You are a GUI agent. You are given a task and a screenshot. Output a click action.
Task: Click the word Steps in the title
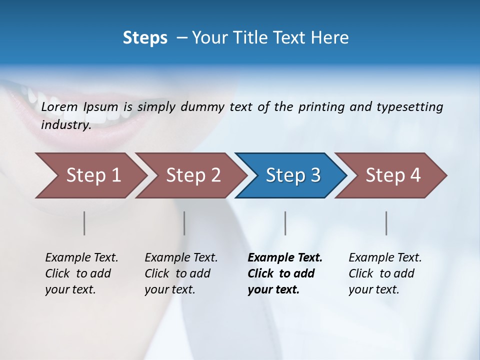(x=145, y=38)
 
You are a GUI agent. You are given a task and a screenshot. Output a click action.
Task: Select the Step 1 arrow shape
(x=90, y=175)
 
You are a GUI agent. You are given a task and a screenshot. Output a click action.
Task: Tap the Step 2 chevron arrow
(x=190, y=175)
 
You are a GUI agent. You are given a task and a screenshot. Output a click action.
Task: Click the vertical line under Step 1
(x=84, y=223)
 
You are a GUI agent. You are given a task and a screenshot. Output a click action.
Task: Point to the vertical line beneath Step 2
(x=184, y=223)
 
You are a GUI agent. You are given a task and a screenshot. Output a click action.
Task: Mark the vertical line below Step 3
(x=285, y=223)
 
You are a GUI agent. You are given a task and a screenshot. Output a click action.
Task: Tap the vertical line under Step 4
(x=386, y=223)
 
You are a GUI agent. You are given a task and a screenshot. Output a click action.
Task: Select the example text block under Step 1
(x=81, y=273)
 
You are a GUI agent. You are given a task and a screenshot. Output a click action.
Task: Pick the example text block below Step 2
(x=181, y=273)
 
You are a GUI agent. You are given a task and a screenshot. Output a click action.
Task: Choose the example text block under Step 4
(x=385, y=273)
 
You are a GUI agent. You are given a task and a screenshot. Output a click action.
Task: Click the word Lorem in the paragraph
(x=59, y=107)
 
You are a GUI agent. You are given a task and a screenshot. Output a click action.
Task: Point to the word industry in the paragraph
(x=66, y=124)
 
